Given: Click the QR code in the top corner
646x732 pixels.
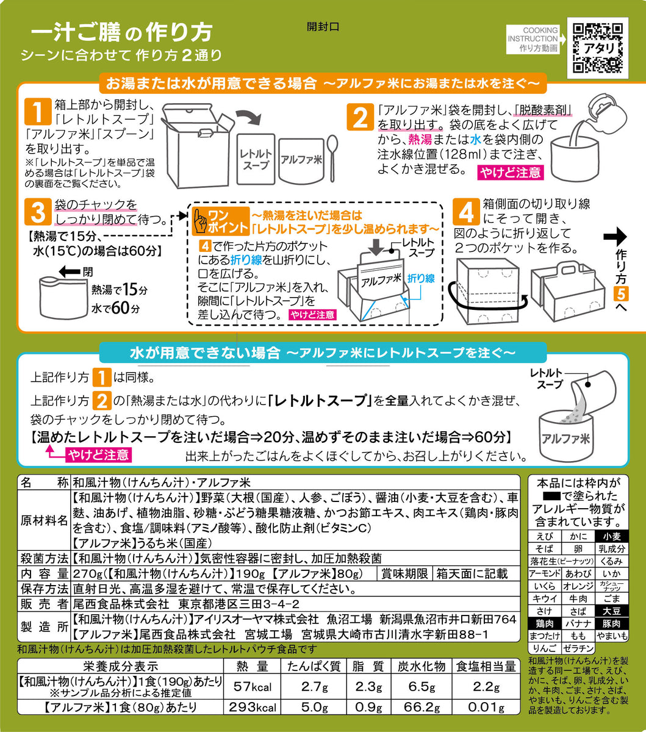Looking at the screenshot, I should [x=597, y=47].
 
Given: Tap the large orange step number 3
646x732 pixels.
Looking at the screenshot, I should [x=37, y=212].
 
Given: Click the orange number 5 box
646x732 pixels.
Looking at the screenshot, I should [x=619, y=295].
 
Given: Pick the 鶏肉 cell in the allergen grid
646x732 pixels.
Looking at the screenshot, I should [x=542, y=623].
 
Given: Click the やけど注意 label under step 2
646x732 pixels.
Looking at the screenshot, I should [x=510, y=172].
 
